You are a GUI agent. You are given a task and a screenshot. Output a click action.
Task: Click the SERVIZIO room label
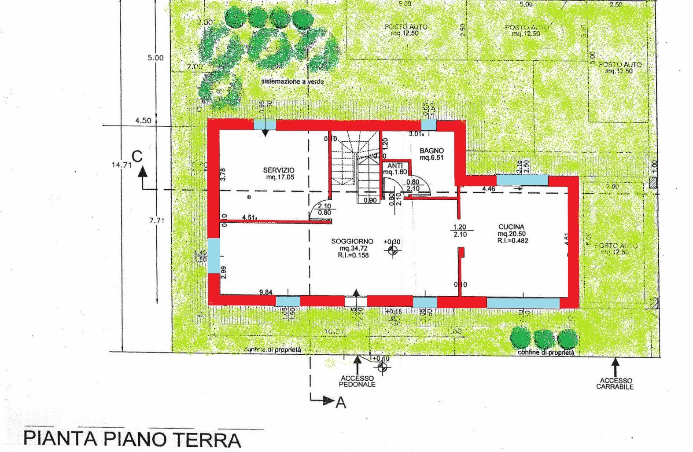coord(279,170)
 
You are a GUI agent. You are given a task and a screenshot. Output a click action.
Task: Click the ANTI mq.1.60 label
coord(394,169)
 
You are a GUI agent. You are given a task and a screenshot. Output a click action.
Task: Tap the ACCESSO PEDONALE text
coord(357,381)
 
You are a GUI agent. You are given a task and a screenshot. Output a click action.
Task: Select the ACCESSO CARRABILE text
coord(615,383)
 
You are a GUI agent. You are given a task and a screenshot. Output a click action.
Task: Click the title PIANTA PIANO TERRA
coord(132,439)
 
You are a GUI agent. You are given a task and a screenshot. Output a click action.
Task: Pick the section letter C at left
coord(137,156)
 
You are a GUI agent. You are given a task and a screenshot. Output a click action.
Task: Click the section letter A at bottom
coord(340,403)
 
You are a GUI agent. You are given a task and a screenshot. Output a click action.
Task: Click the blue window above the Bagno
coord(429,125)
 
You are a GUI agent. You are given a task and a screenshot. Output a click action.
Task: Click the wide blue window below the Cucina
coord(523,303)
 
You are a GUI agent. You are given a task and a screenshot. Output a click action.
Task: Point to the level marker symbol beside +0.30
coord(393,250)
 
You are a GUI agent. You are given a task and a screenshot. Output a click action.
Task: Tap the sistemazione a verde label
coord(293,81)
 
